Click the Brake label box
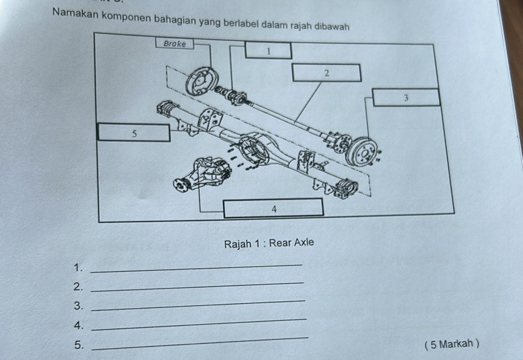click(175, 43)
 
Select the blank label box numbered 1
click(268, 51)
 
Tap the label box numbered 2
click(327, 73)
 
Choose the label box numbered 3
click(406, 98)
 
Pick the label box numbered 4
click(274, 208)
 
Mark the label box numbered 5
click(134, 133)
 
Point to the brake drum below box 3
click(361, 153)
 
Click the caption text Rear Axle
click(291, 243)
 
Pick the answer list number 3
click(78, 305)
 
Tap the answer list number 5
click(79, 344)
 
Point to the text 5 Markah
click(452, 344)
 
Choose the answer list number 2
click(78, 286)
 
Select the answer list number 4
click(79, 325)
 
